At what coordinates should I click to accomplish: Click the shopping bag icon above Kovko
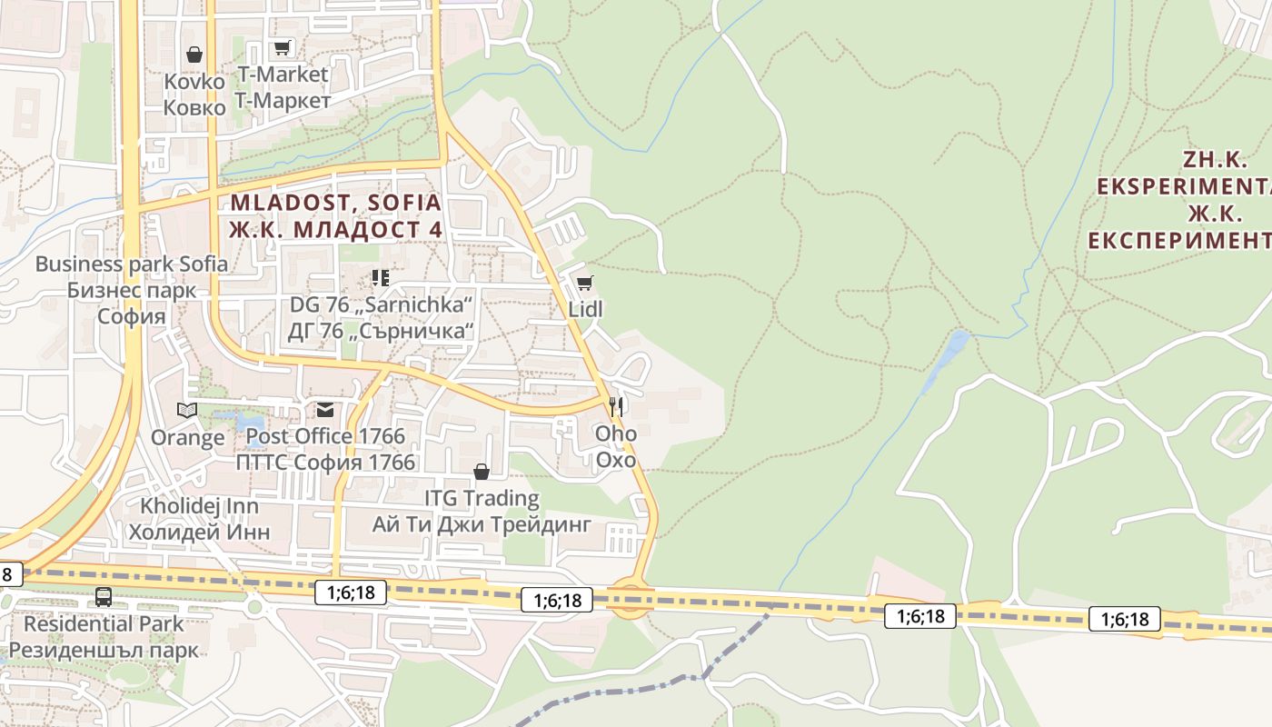click(194, 55)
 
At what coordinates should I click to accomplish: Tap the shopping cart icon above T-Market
click(283, 47)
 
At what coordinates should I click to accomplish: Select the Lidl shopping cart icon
click(584, 283)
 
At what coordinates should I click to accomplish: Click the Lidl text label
click(585, 309)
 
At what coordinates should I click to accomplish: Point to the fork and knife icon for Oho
click(617, 405)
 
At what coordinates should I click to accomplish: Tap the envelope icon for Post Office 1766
click(324, 410)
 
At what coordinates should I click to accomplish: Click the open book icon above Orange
click(187, 411)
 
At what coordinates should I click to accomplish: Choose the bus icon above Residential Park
click(104, 597)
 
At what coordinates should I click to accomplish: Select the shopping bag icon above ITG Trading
click(482, 472)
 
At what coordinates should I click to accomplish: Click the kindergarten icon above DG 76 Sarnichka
click(381, 277)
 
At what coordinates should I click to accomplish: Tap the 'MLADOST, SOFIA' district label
click(335, 203)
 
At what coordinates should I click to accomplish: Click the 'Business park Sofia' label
click(132, 264)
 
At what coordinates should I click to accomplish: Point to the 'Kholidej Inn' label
click(199, 505)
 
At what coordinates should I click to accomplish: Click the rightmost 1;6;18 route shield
click(1125, 620)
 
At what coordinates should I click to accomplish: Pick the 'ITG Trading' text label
click(482, 498)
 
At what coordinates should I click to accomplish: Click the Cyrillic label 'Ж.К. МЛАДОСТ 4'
click(335, 230)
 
